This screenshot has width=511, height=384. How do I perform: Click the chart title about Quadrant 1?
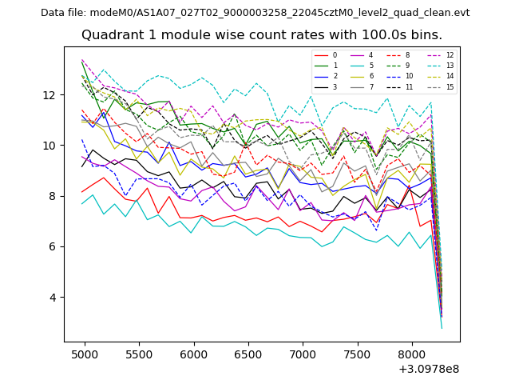tap(261, 35)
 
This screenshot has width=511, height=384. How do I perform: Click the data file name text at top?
tap(255, 13)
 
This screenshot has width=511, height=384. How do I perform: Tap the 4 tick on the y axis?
tap(53, 297)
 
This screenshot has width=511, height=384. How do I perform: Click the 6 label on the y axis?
tap(53, 246)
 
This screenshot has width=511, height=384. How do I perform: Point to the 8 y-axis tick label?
tap(53, 196)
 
